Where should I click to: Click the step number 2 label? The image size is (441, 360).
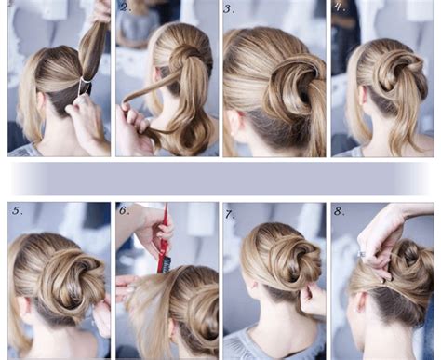(126, 8)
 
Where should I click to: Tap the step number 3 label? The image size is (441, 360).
(230, 9)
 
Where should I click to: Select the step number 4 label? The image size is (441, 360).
(339, 7)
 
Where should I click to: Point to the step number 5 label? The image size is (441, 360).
(18, 210)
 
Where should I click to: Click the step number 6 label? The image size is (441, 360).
(125, 211)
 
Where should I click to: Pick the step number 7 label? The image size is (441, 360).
(230, 213)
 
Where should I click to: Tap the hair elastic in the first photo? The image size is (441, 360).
(85, 86)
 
